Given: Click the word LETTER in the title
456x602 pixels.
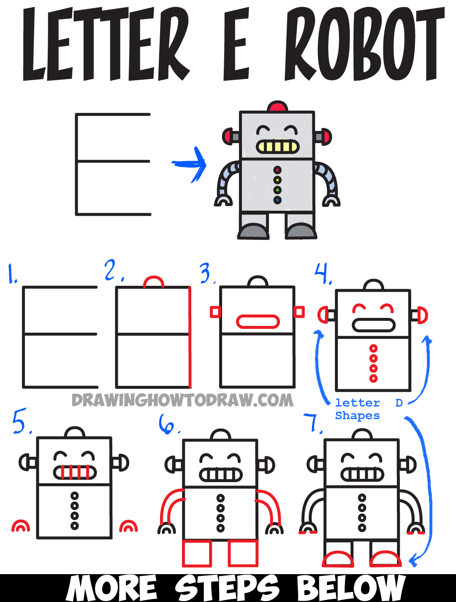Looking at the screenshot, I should (106, 44).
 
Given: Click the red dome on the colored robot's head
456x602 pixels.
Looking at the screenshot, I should (277, 106).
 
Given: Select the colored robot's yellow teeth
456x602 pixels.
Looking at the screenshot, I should (277, 147).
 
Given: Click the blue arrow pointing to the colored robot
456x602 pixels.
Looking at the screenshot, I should (190, 164).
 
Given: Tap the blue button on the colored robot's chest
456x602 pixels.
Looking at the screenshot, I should (277, 200).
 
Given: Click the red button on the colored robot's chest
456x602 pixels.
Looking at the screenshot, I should (277, 170).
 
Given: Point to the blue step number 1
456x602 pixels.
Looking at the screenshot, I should (12, 274).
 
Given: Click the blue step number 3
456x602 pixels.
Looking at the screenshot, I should (206, 273).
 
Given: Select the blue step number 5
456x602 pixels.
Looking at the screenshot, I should (20, 421).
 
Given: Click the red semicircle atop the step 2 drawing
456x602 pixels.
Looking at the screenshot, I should (154, 282).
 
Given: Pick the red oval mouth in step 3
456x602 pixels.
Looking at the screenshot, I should (258, 322).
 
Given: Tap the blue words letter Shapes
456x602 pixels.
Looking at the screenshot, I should (358, 409).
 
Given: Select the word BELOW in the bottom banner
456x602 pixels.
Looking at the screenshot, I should (351, 588).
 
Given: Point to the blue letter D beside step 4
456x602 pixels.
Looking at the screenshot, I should (399, 403).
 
